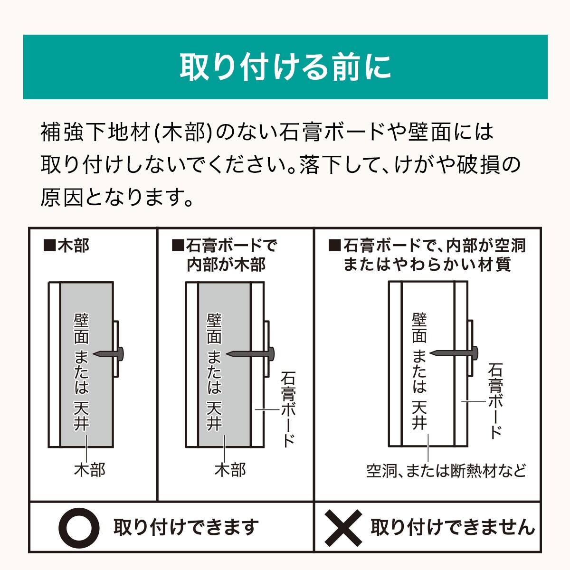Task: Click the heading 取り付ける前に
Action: (x=285, y=67)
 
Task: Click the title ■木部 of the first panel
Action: (x=66, y=246)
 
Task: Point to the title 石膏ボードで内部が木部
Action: (x=225, y=255)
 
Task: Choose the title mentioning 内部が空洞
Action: (x=427, y=255)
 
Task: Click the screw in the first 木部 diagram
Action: (x=110, y=353)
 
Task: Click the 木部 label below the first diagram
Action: (x=90, y=470)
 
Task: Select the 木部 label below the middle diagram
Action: (x=230, y=470)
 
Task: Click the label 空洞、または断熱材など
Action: (x=446, y=471)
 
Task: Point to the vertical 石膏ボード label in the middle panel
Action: (x=288, y=408)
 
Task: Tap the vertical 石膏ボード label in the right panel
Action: (x=495, y=401)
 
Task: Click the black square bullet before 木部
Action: (x=49, y=246)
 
